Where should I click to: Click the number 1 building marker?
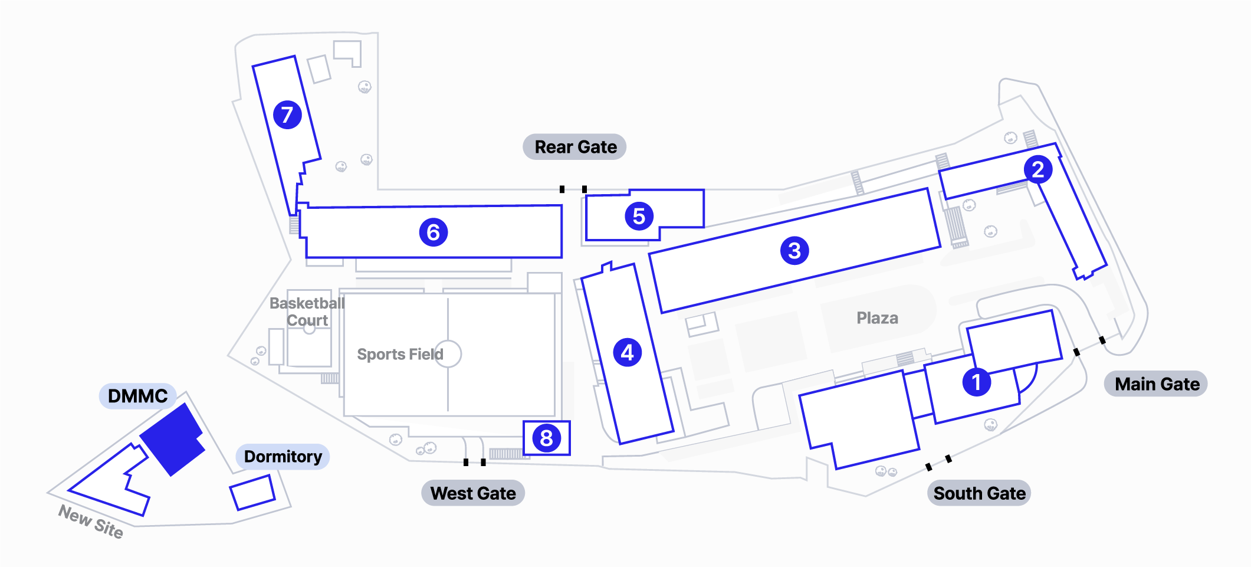tap(976, 382)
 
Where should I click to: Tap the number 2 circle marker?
tap(1038, 169)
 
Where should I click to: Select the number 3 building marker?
tap(794, 250)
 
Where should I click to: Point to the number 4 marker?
tap(627, 352)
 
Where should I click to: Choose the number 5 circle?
tap(639, 216)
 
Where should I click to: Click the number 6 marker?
tap(433, 232)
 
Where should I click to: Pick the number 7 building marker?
tap(287, 114)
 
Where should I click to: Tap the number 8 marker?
tap(546, 438)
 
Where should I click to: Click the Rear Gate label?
tap(575, 147)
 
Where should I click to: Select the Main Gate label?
tap(1156, 384)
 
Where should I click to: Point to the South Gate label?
tap(979, 493)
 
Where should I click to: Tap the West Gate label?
tap(473, 493)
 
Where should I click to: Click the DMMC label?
tap(137, 396)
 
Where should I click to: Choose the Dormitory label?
tap(283, 457)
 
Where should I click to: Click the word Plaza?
tap(877, 318)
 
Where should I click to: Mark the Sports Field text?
tap(400, 354)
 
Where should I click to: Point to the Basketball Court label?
tap(307, 312)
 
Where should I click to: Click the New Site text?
tap(91, 522)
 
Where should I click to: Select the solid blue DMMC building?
tap(172, 439)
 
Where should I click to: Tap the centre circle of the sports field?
tap(448, 354)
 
